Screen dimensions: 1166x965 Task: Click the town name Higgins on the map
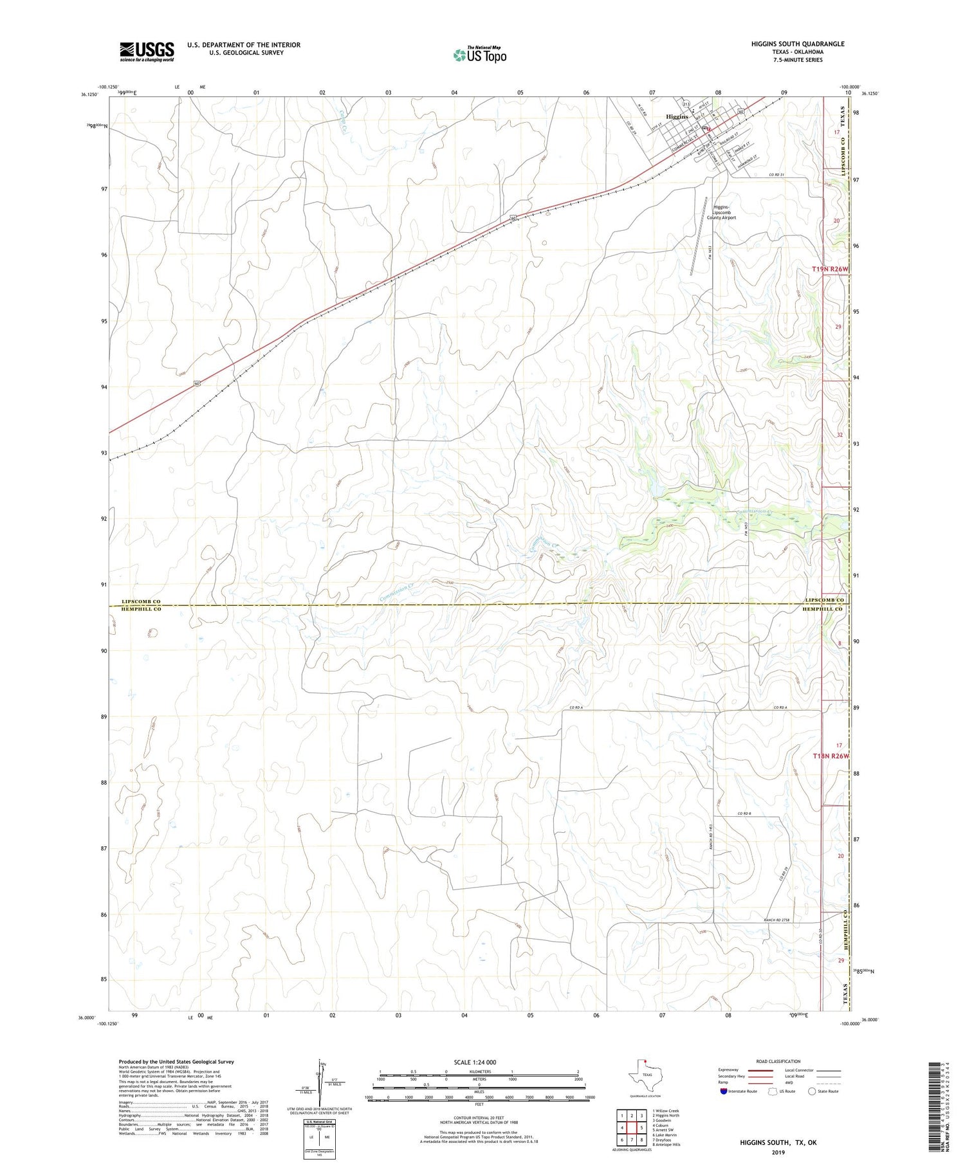(676, 116)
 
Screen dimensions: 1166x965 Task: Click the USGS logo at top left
(147, 51)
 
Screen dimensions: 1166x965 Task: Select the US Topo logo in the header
(479, 55)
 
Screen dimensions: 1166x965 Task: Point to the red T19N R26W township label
(831, 269)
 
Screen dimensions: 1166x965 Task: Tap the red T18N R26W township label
(831, 756)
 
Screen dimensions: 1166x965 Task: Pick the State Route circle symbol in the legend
(812, 1091)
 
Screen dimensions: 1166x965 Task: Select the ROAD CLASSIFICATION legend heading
(778, 1061)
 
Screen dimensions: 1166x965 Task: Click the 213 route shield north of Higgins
(686, 104)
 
